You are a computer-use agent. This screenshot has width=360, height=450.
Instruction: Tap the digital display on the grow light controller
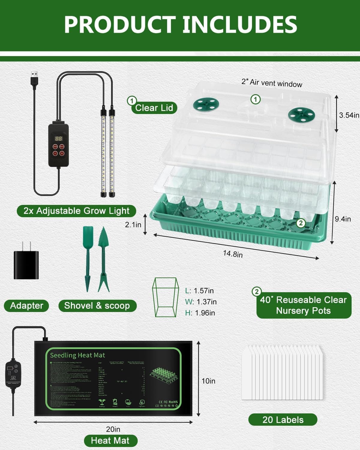[58, 139]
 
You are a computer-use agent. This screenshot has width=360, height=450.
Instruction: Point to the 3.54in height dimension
[349, 115]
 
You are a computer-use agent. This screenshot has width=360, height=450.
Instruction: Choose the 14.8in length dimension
[233, 254]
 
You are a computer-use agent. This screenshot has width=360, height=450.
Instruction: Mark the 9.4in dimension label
[343, 219]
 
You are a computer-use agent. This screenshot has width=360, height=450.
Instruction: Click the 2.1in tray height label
[133, 224]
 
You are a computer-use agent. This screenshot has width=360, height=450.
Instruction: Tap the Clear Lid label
[154, 108]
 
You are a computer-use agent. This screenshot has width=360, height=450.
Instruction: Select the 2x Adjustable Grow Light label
[76, 211]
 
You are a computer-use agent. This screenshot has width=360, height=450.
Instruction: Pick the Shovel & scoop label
[97, 306]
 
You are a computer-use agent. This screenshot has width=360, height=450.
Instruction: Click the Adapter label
[26, 306]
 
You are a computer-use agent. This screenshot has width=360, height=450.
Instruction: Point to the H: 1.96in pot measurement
[200, 313]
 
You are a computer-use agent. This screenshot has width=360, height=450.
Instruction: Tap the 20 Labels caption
[283, 420]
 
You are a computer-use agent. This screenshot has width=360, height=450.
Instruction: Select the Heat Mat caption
[110, 440]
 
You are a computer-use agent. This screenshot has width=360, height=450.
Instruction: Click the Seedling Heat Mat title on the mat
[77, 355]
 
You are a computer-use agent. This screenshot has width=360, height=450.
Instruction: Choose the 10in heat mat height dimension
[208, 381]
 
